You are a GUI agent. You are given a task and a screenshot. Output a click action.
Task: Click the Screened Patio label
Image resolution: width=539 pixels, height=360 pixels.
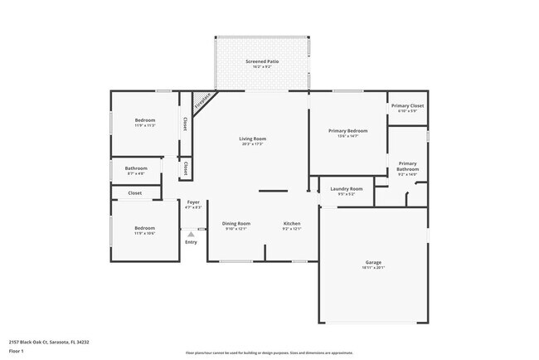coord(261,61)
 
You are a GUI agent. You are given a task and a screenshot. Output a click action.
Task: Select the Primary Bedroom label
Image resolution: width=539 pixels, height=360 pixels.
coord(347,131)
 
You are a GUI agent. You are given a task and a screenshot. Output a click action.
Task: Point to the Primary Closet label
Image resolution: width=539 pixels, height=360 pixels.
coord(407,105)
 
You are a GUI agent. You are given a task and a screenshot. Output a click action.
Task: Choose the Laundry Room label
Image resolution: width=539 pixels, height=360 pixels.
coord(346,189)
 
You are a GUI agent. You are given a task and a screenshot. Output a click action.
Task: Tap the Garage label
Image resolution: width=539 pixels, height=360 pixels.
coord(372,262)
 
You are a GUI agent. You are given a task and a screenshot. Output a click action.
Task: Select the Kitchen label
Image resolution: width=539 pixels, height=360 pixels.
coord(292,223)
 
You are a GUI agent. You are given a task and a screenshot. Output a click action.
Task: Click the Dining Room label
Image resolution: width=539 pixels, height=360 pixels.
coord(236,223)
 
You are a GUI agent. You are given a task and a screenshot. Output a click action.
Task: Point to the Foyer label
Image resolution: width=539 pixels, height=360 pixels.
coord(192,202)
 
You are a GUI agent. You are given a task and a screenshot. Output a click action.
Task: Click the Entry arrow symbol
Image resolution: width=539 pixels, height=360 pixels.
coord(191,235)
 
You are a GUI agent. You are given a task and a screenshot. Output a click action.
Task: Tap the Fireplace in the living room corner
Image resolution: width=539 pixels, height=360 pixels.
coord(202,102)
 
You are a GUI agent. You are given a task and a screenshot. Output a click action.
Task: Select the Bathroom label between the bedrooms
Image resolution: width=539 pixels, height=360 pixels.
coord(136,168)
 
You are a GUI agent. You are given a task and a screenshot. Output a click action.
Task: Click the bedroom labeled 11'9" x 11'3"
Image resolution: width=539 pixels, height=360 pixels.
coord(145,121)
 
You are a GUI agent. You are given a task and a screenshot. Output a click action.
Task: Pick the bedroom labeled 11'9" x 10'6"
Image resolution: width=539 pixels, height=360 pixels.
coord(145,228)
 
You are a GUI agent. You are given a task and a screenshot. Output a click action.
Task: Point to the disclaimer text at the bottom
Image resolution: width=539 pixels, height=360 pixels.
coord(269,353)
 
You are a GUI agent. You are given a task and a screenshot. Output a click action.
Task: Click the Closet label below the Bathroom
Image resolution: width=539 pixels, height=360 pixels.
coord(134,192)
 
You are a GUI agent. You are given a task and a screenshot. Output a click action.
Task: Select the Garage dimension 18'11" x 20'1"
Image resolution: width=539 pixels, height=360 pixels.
coord(372,268)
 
